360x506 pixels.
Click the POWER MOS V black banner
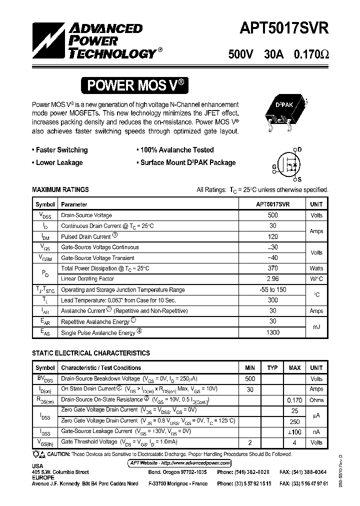pyautogui.click(x=135, y=85)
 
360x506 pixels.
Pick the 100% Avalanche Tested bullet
pyautogui.click(x=177, y=150)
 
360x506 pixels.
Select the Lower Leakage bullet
pyautogui.click(x=59, y=162)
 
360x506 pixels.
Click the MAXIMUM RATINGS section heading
pyautogui.click(x=60, y=189)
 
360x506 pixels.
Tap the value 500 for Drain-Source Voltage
pyautogui.click(x=273, y=215)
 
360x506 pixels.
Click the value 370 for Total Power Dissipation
pyautogui.click(x=273, y=268)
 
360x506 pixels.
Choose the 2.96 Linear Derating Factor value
pyautogui.click(x=273, y=279)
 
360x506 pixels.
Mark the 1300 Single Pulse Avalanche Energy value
pyautogui.click(x=273, y=332)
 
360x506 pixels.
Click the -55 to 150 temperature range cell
pyautogui.click(x=273, y=290)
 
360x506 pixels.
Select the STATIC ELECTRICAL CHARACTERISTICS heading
pyautogui.click(x=90, y=353)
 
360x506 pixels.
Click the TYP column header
pyautogui.click(x=272, y=368)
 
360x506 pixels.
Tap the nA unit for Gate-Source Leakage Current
pyautogui.click(x=316, y=431)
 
